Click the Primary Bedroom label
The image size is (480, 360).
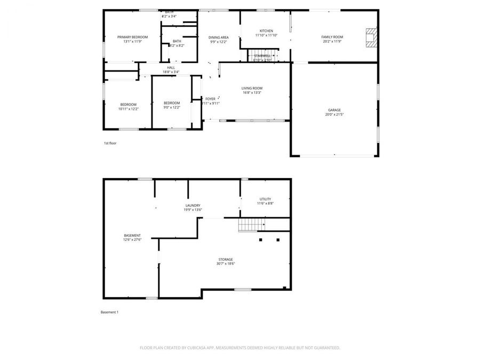tap(132, 37)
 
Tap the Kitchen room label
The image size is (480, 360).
tap(266, 31)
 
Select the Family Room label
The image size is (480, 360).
tap(332, 37)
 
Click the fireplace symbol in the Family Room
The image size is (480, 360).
tap(370, 38)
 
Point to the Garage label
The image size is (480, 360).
tap(334, 110)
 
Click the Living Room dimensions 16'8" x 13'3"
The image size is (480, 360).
tap(252, 93)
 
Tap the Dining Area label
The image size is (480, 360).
tap(218, 37)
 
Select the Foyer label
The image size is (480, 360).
tap(211, 99)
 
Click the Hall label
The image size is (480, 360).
tap(171, 68)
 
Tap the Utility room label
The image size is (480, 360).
tap(265, 199)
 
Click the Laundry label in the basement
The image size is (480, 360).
tap(193, 205)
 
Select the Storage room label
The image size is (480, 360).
tap(226, 259)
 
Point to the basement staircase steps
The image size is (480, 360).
tap(251, 225)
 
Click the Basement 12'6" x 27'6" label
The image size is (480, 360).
tap(132, 235)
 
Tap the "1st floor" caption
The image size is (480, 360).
tap(110, 143)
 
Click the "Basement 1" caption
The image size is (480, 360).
tap(109, 312)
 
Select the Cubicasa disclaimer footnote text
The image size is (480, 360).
tap(239, 347)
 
